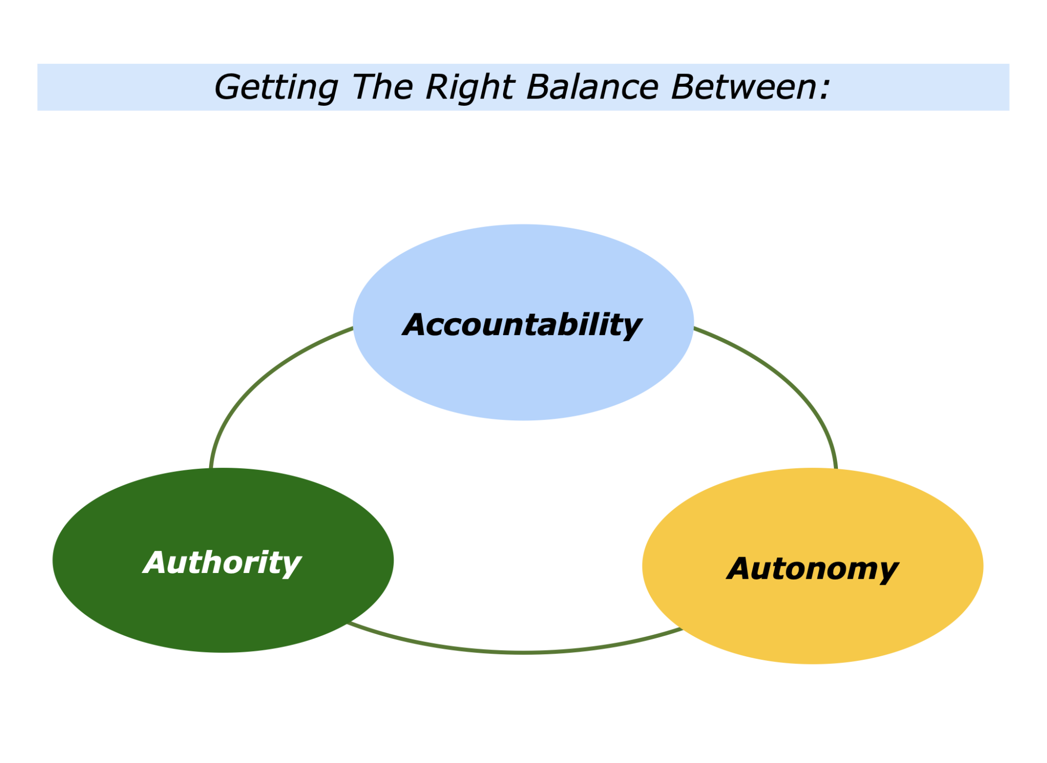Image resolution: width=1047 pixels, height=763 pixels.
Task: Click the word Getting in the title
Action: (276, 87)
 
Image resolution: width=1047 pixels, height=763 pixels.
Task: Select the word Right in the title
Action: (469, 87)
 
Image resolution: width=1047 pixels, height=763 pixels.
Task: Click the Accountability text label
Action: (522, 325)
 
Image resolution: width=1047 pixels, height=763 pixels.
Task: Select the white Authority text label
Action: (222, 562)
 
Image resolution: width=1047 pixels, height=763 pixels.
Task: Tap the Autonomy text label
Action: (812, 568)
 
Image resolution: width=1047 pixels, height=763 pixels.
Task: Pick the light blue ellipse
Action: (523, 378)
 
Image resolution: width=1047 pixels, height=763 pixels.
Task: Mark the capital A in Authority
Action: (156, 562)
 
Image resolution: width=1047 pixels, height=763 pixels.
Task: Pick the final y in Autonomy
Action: (887, 571)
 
